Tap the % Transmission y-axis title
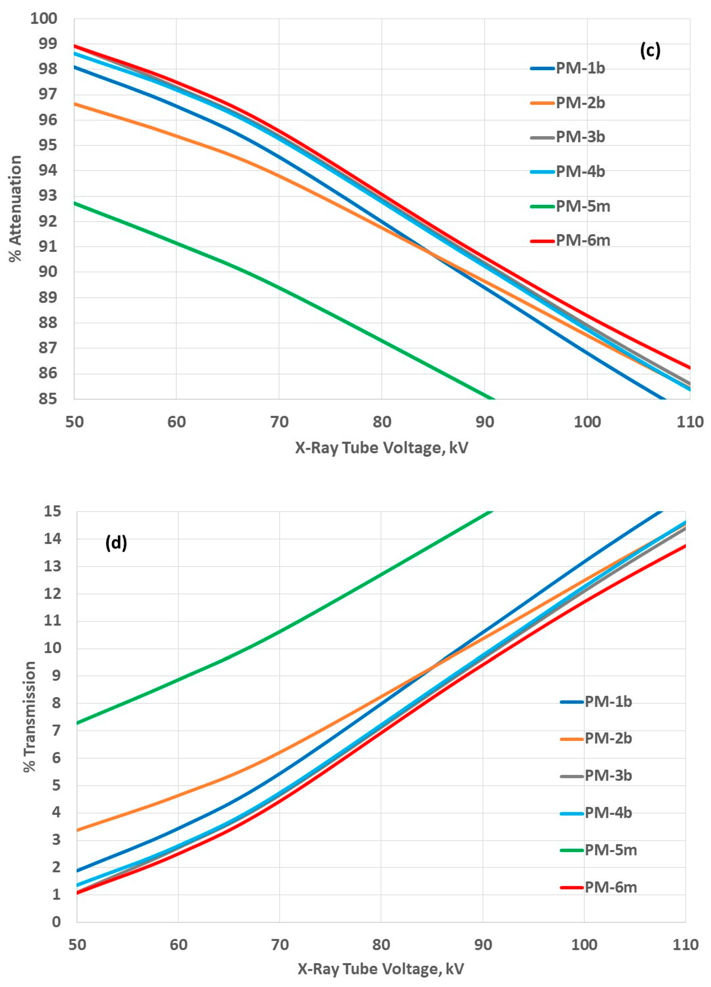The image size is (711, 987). (30, 717)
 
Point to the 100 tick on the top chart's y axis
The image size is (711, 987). (43, 19)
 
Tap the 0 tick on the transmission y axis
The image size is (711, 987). (56, 922)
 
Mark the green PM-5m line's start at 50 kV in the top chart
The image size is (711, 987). (75, 203)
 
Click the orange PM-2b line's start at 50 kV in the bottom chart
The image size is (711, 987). (77, 830)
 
